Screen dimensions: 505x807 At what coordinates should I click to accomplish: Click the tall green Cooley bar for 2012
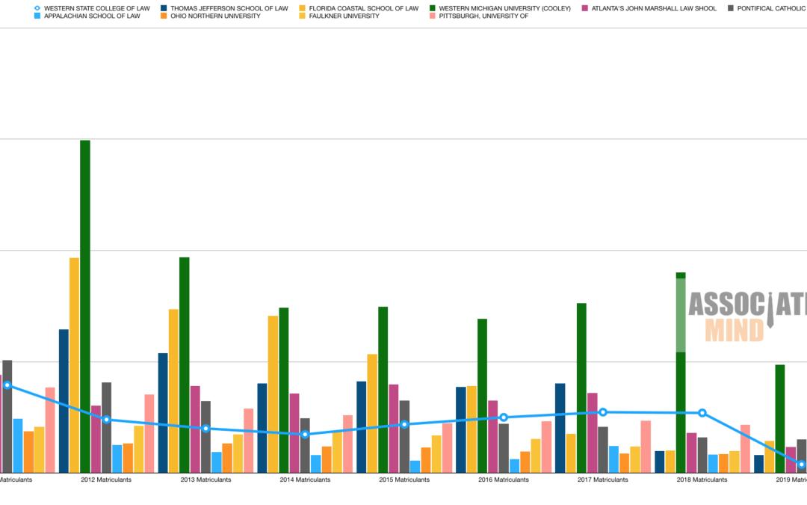[x=85, y=306]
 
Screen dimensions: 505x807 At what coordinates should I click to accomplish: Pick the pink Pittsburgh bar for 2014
[x=347, y=444]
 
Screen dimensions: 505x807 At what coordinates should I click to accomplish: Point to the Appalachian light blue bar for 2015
[x=415, y=466]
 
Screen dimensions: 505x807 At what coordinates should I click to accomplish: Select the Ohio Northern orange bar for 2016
[x=525, y=462]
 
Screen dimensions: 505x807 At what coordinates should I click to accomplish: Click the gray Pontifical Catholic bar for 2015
[x=404, y=436]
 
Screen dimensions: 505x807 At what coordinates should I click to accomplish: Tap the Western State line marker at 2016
[x=504, y=417]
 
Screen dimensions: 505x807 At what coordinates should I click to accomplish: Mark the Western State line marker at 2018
[x=702, y=413]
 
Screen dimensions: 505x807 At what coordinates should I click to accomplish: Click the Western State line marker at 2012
[x=107, y=420]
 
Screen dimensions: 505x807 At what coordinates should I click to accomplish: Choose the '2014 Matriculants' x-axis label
[x=305, y=480]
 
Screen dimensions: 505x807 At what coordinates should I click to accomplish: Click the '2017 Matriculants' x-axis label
[x=602, y=480]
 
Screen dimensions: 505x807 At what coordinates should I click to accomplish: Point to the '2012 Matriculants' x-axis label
[x=106, y=480]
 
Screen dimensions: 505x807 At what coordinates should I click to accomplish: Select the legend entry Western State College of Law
[x=96, y=8]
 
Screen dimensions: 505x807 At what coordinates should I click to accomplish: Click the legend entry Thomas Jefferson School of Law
[x=229, y=8]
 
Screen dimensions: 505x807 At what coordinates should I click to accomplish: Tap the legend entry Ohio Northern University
[x=215, y=16]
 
